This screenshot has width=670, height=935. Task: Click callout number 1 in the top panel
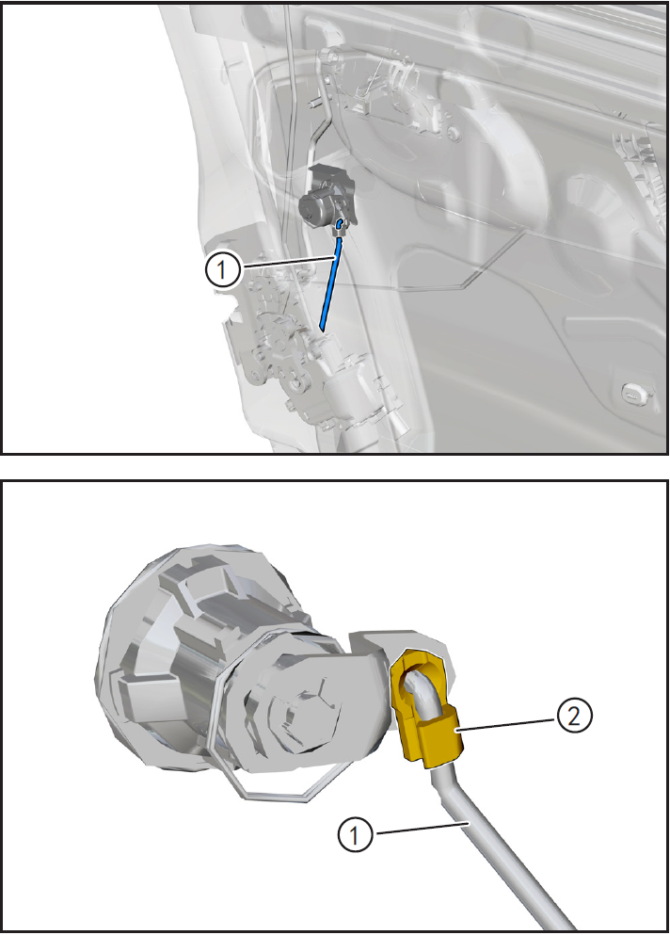[x=222, y=270]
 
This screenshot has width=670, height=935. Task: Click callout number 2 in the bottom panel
[x=573, y=716]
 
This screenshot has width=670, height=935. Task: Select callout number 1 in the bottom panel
[x=356, y=835]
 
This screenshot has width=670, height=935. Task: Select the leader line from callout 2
[x=507, y=724]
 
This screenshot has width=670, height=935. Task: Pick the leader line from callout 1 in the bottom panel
[x=420, y=829]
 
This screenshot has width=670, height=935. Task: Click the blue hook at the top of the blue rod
[x=339, y=225]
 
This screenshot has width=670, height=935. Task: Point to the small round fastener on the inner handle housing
[x=455, y=134]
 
